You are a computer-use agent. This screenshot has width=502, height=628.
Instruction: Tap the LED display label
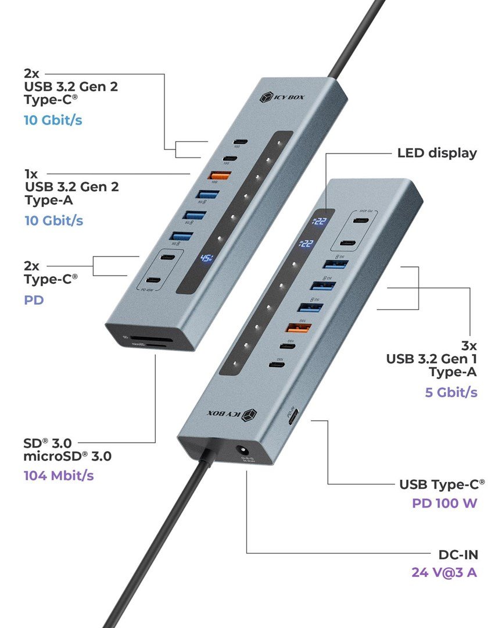point(437,154)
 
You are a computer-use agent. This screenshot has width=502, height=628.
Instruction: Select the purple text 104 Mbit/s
point(59,475)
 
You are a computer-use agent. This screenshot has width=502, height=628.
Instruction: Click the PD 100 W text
point(444,502)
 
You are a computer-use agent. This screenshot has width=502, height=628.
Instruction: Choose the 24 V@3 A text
point(444,572)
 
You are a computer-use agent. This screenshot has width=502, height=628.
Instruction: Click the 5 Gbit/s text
point(451,392)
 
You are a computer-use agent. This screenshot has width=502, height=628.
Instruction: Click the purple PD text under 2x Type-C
point(34,301)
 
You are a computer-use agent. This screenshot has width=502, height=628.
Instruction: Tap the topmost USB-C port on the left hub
point(238,142)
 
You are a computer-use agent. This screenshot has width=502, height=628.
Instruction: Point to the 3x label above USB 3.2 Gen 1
point(468,345)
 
